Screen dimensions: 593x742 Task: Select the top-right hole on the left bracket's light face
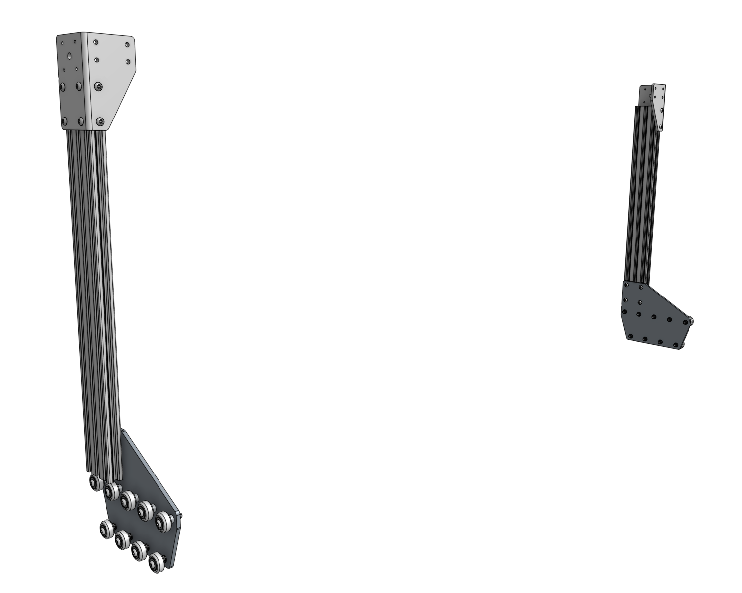coord(128,45)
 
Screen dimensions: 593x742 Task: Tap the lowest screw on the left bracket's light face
coord(101,120)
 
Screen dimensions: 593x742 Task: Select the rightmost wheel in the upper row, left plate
coord(163,520)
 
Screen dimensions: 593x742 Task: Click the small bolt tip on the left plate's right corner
coord(183,516)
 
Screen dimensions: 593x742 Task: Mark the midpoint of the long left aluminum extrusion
coord(94,297)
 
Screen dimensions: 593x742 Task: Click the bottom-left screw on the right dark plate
coord(629,337)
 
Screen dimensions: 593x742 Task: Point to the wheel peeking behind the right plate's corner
coord(691,321)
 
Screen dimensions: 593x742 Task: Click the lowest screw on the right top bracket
coord(660,127)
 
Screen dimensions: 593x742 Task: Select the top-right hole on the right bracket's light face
coord(662,88)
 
